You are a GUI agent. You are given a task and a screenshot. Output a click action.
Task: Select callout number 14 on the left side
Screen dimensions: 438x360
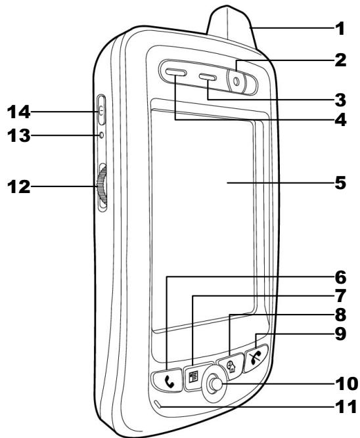coord(15,112)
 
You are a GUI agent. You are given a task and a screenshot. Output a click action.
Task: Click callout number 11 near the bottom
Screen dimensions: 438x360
coord(339,406)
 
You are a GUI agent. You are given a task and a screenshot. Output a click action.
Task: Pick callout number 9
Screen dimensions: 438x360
coord(339,334)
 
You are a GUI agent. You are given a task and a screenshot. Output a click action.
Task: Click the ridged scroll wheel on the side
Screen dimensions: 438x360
coord(101,187)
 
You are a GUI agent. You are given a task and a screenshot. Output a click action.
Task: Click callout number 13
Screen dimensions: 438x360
coord(15,136)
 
